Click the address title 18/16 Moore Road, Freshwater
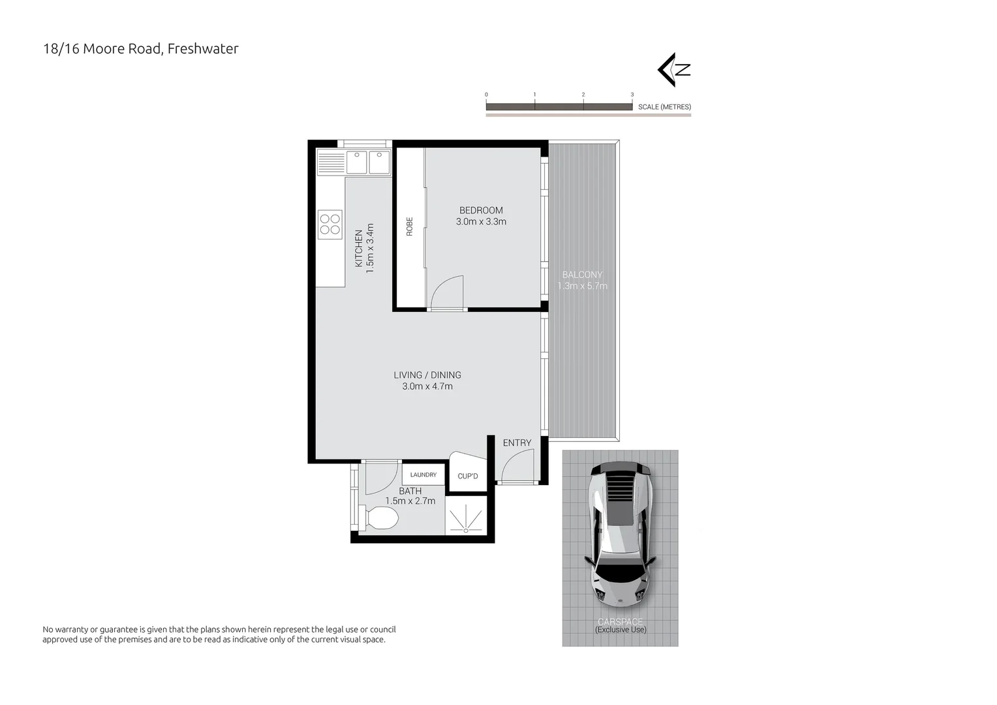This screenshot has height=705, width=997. coord(140,49)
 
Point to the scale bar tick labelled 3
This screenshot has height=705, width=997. coord(632,95)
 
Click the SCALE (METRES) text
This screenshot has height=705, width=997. coord(664,107)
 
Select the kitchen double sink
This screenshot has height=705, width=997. coord(368,162)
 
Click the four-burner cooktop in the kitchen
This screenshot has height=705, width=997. coord(330,224)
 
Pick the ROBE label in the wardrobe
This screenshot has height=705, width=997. coord(410,226)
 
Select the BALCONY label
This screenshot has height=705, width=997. coord(582,275)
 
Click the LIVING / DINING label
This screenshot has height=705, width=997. coord(427,375)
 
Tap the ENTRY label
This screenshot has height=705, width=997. coord(517,443)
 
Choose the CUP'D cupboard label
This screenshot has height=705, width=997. coord(468,476)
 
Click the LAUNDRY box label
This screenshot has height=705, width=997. coord(423,475)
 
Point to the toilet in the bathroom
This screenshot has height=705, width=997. coord(379,519)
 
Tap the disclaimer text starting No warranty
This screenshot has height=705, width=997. coord(219,634)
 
